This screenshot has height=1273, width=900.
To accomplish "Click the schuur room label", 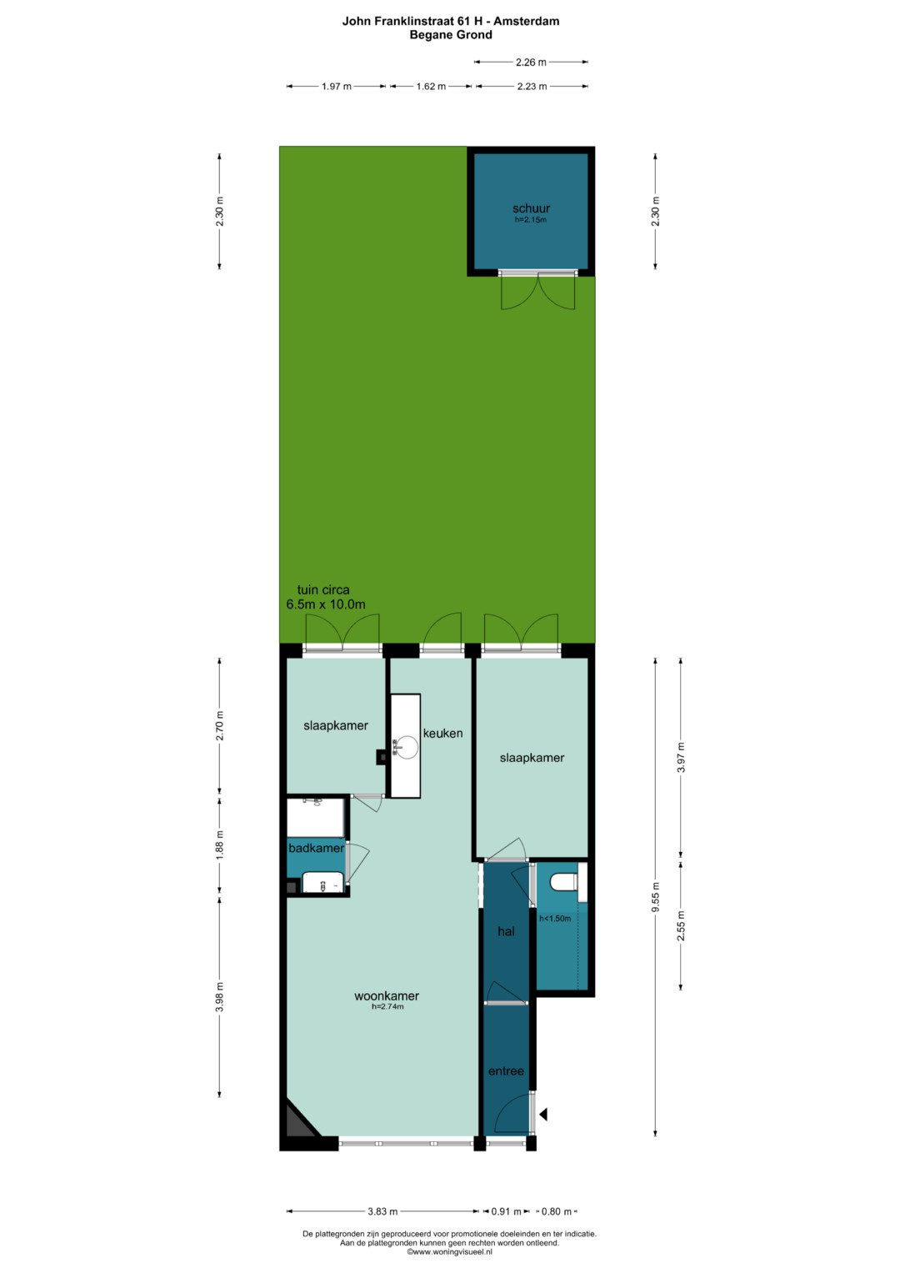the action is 531,208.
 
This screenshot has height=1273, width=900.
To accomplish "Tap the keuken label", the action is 442,733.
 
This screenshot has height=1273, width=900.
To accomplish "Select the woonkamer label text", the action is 387,995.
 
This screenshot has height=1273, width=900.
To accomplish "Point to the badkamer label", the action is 316,849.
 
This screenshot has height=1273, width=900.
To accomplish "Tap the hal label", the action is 506,931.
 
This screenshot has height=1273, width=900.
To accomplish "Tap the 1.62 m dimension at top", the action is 431,87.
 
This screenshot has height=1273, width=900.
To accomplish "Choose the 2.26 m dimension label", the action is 531,62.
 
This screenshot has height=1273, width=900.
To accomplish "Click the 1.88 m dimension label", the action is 220,844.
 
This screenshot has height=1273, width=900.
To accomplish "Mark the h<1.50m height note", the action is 554,919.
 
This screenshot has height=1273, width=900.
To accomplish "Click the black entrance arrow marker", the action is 543,1115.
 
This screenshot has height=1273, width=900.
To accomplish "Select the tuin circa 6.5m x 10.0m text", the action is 325,597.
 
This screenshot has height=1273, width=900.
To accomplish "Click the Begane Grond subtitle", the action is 451,35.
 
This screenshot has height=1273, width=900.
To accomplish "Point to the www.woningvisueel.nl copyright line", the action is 449,1251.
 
